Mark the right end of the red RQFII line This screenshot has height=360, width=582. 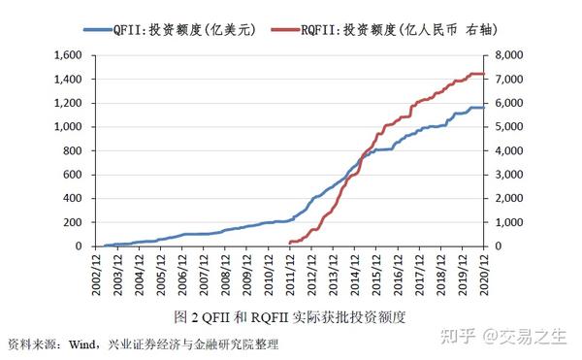(483, 74)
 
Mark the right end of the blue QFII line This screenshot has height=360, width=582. (483, 107)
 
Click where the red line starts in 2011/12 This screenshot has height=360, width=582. (290, 243)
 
